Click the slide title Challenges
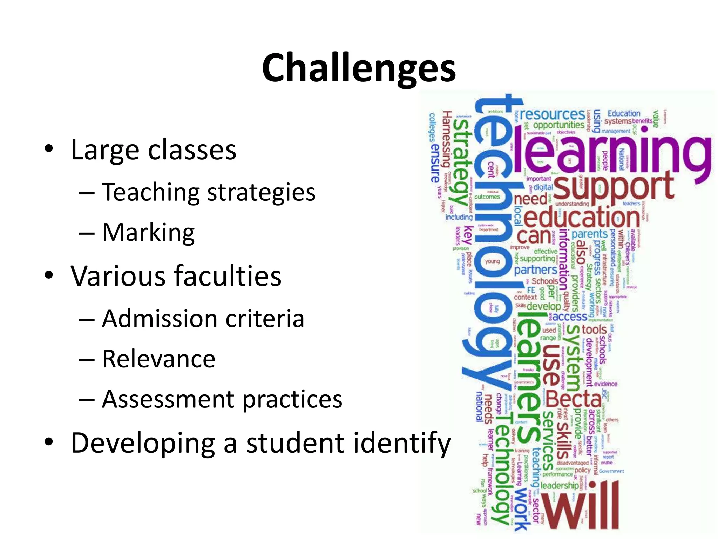[x=359, y=68]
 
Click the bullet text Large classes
[x=153, y=150]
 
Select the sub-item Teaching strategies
[x=209, y=192]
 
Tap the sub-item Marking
[x=148, y=233]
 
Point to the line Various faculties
[x=176, y=276]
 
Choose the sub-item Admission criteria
[x=203, y=319]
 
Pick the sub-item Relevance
[x=158, y=359]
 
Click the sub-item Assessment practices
[x=222, y=399]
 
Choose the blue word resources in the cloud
[x=552, y=114]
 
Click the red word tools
[x=594, y=330]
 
